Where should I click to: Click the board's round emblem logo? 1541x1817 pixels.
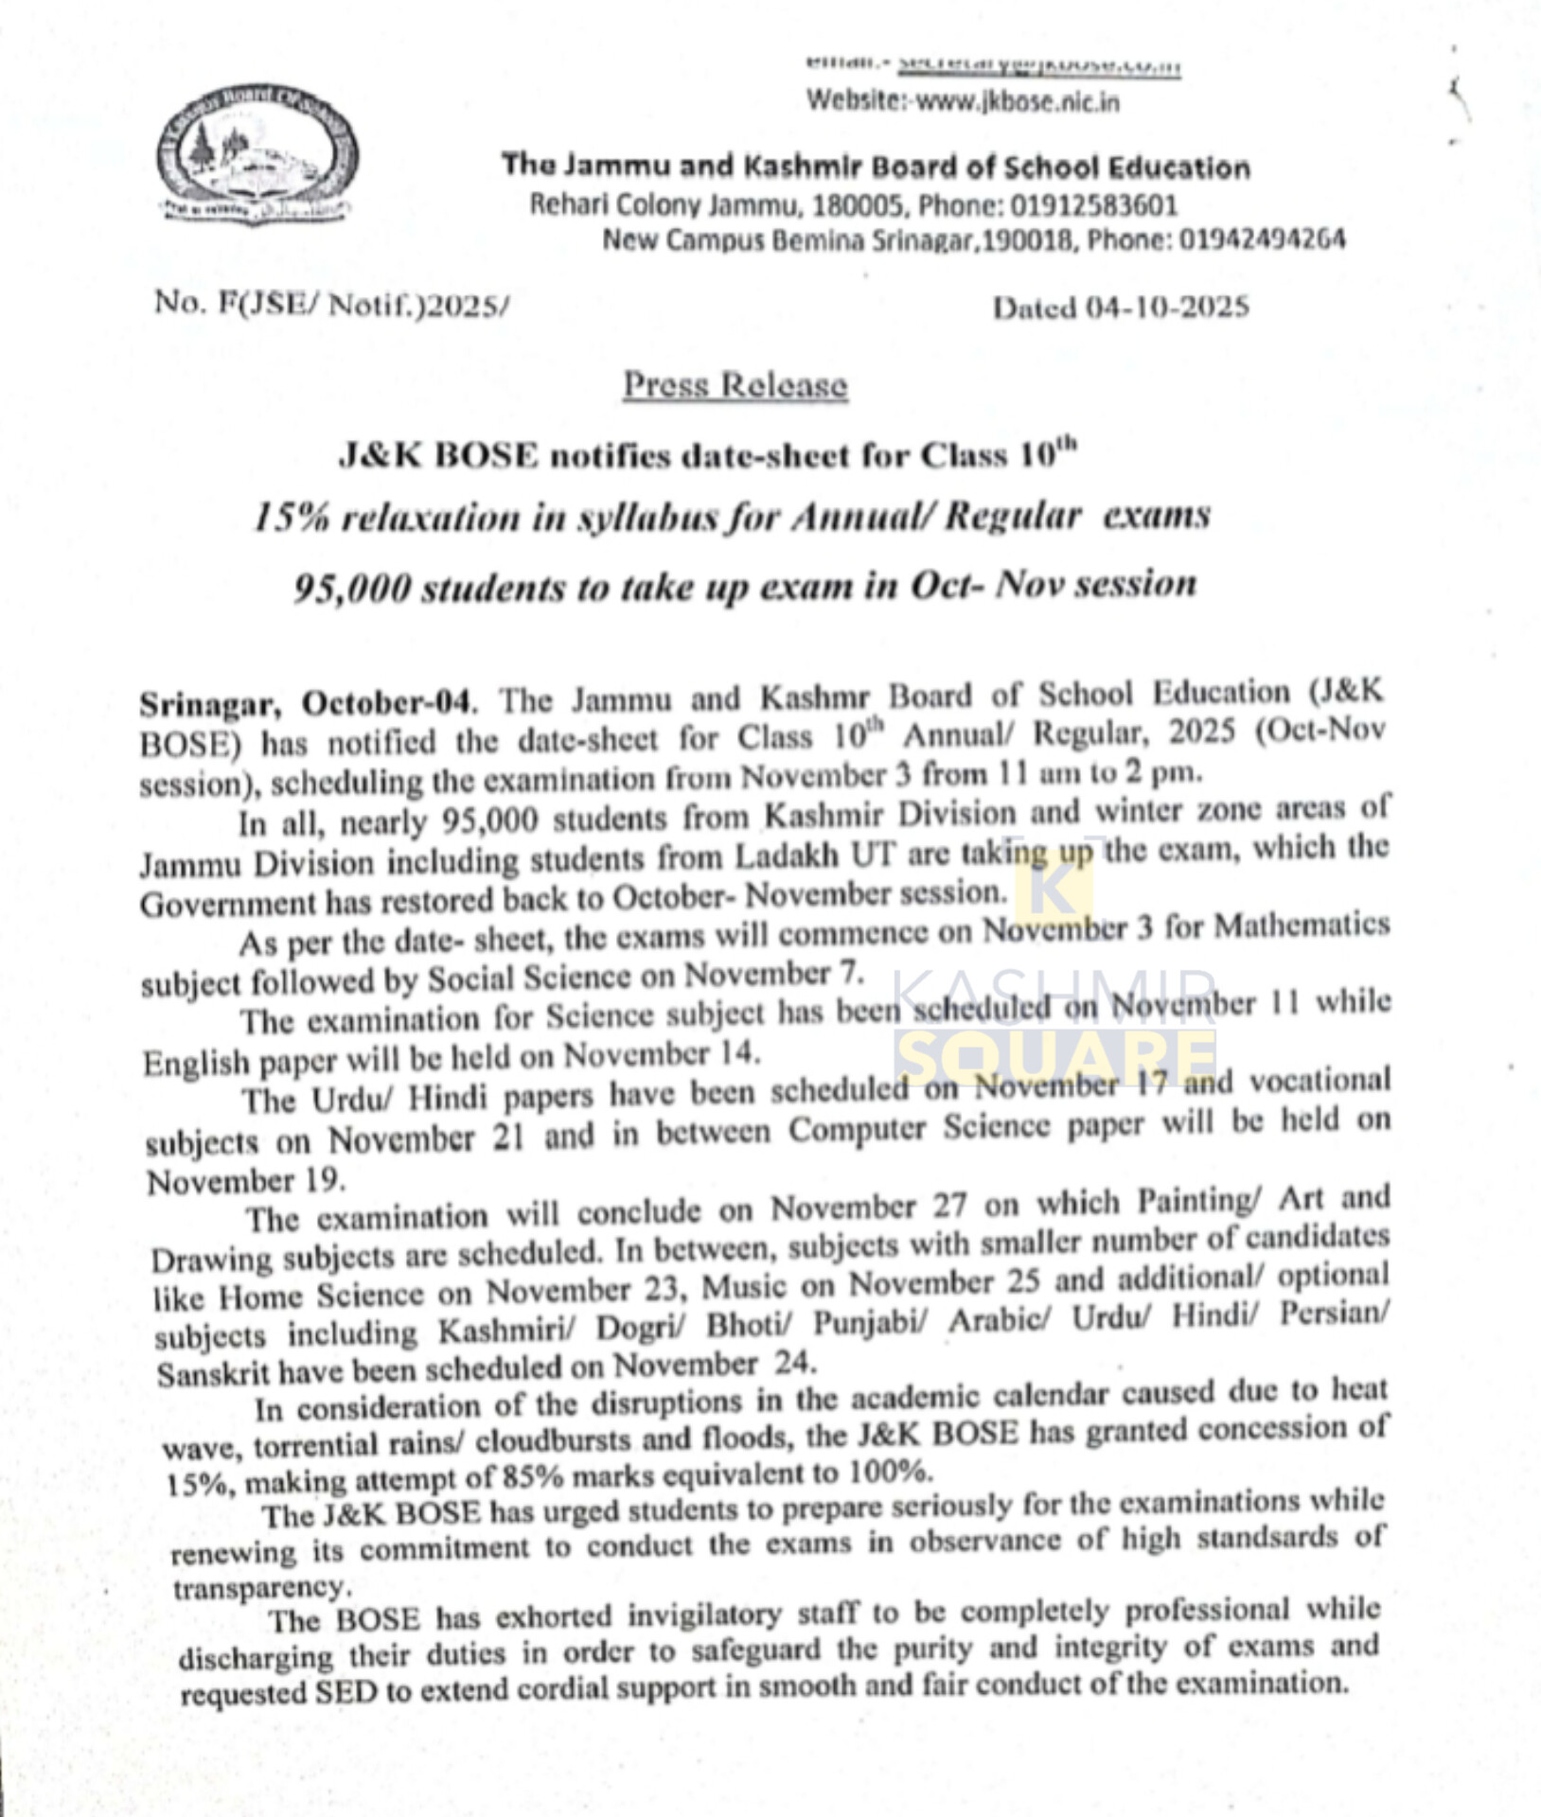(x=257, y=155)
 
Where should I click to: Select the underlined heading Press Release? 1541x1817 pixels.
(x=735, y=384)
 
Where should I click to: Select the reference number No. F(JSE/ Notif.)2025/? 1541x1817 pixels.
(x=331, y=304)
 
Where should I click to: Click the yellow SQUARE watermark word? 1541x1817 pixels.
(x=1055, y=1056)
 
